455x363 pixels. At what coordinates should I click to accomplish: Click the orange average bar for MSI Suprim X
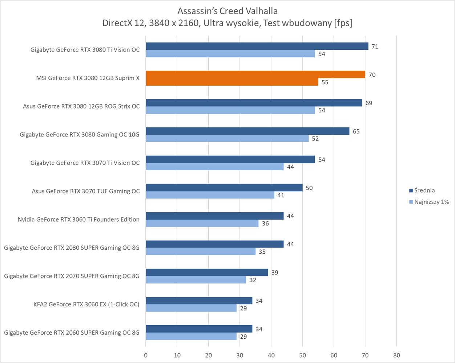(x=255, y=74)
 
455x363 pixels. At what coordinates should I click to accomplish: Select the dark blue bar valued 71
(x=257, y=46)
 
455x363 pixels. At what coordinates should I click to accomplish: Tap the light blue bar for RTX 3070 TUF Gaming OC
(x=210, y=195)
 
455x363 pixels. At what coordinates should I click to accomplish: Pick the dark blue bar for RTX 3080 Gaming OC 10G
(x=247, y=131)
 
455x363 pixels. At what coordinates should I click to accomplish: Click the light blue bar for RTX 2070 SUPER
(x=196, y=280)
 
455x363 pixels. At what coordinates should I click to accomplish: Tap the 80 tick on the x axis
(x=396, y=355)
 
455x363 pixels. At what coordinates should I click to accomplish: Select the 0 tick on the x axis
(x=146, y=355)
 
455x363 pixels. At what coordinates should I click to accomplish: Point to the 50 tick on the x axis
(x=302, y=355)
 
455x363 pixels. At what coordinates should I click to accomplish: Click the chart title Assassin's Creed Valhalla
(x=227, y=11)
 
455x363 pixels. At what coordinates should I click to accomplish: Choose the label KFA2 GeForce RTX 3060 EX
(x=86, y=304)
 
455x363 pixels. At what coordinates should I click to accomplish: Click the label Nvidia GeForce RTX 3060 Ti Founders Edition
(x=78, y=219)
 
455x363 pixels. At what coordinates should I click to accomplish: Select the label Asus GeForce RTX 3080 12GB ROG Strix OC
(x=81, y=106)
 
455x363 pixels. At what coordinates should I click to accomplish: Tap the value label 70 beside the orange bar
(x=372, y=75)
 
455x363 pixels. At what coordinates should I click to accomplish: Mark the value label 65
(x=356, y=131)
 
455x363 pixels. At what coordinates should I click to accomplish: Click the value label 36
(x=265, y=224)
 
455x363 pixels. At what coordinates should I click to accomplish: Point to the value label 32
(x=253, y=280)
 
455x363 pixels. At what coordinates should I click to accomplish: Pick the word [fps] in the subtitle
(x=343, y=23)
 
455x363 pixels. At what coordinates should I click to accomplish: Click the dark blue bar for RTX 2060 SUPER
(x=199, y=329)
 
